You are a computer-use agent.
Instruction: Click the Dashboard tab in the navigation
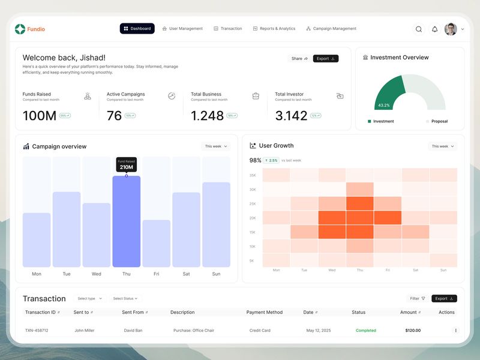click(137, 29)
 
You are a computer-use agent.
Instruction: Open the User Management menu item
click(182, 29)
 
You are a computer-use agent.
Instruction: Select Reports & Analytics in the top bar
click(274, 29)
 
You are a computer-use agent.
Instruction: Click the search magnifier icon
click(419, 29)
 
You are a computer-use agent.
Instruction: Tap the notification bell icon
click(435, 29)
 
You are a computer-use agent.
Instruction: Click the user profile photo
click(451, 29)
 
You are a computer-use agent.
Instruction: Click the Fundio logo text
click(36, 29)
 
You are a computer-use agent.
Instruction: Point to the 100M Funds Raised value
click(39, 116)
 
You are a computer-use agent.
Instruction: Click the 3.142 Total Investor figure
click(291, 116)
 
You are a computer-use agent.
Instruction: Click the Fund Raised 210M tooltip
click(126, 164)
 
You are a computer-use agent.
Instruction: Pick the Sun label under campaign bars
click(216, 274)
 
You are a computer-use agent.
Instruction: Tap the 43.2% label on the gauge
click(383, 106)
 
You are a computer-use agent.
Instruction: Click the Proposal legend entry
click(439, 121)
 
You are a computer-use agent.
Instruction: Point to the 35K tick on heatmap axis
click(253, 175)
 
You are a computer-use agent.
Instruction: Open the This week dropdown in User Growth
click(442, 146)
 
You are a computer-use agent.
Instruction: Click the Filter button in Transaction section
click(418, 298)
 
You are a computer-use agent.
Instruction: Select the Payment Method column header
click(264, 313)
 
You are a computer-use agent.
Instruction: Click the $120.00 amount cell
click(413, 331)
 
